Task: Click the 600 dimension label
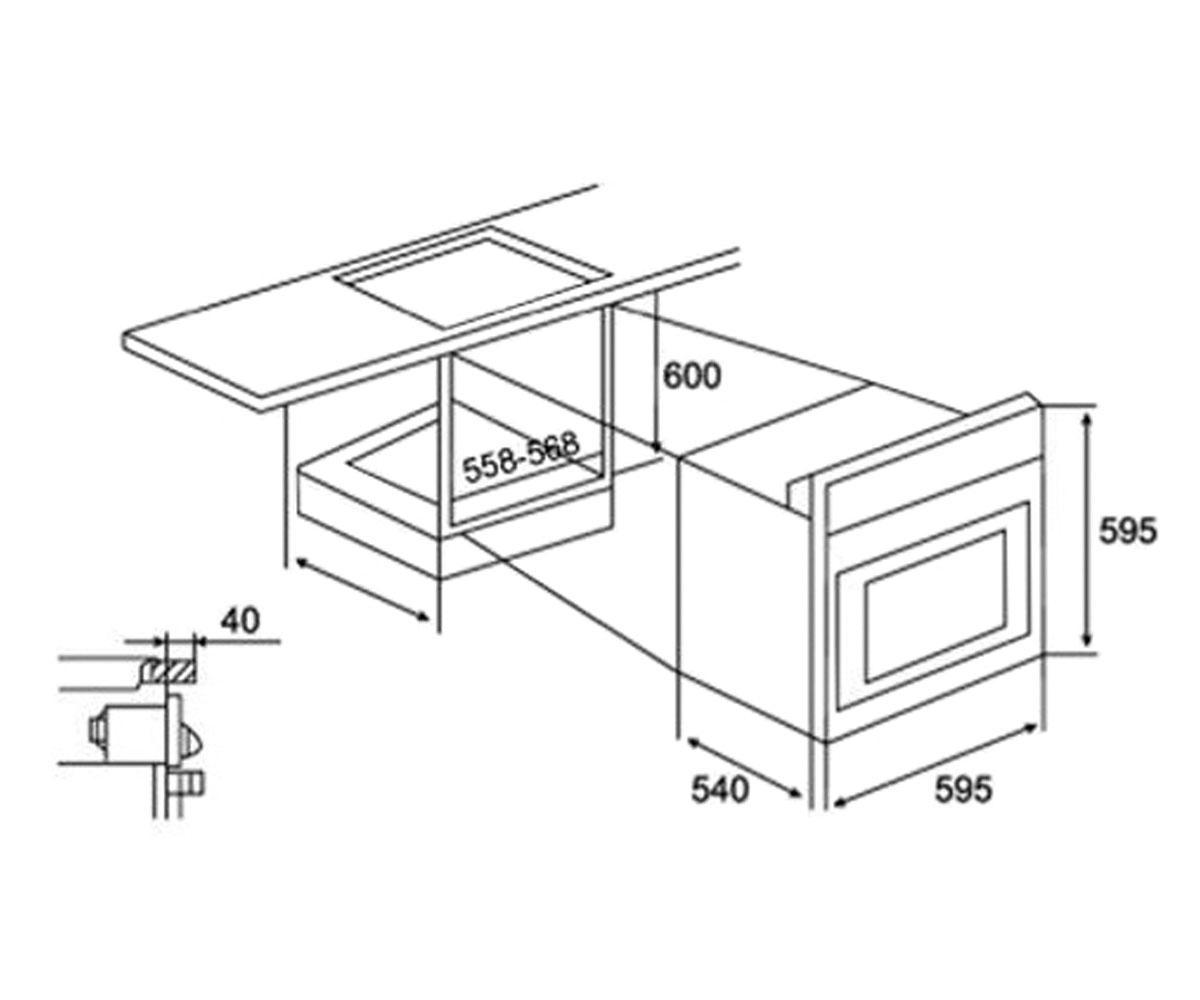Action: [691, 376]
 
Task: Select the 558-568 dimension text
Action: [521, 457]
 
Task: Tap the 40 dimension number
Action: [241, 620]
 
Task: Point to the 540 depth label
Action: [720, 790]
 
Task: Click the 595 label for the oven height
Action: [1128, 531]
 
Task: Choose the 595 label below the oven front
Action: [963, 789]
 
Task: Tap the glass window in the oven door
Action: [937, 606]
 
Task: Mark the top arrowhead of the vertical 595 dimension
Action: [1086, 419]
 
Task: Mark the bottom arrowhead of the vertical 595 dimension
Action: [1086, 639]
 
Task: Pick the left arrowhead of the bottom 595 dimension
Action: [840, 803]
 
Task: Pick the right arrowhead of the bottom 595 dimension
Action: [1029, 728]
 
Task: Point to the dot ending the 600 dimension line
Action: [656, 445]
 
